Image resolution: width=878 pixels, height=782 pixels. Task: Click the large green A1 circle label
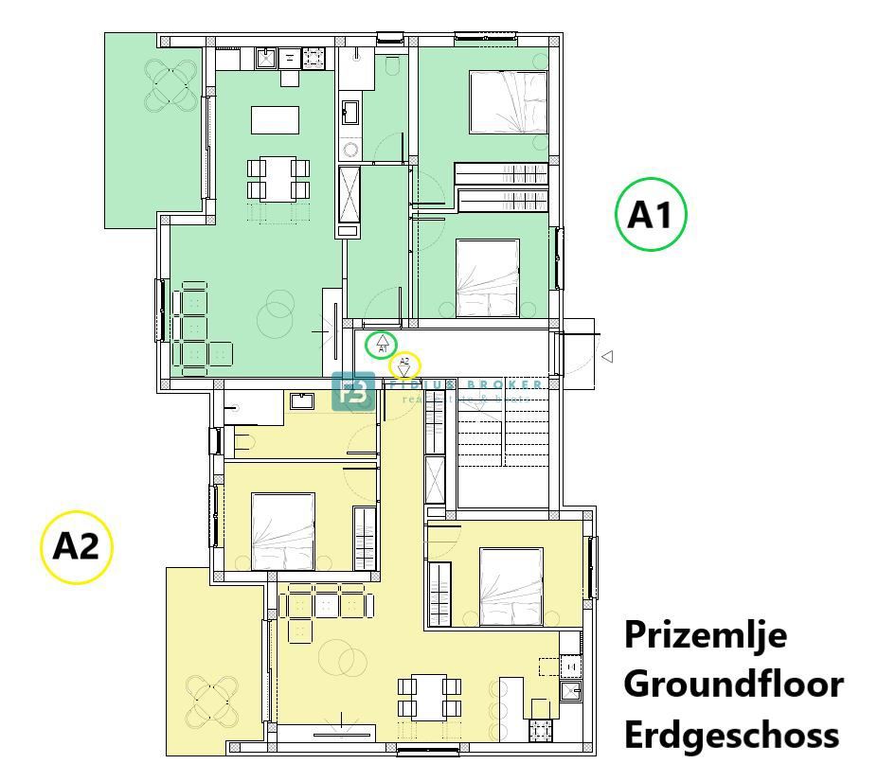click(x=651, y=216)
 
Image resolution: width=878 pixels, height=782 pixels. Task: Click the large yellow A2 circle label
click(x=77, y=547)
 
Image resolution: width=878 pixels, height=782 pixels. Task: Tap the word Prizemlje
click(x=706, y=634)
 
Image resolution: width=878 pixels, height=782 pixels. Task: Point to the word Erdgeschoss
click(x=731, y=734)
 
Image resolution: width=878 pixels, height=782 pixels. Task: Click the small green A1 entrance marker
click(x=382, y=344)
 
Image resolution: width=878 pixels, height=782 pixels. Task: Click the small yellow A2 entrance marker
click(x=405, y=364)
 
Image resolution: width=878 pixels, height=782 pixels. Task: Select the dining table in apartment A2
click(x=430, y=696)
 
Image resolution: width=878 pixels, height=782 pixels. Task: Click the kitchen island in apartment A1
click(x=275, y=120)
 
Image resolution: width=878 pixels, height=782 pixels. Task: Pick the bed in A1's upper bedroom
click(x=509, y=102)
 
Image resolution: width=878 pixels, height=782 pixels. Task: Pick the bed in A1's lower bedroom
click(x=488, y=277)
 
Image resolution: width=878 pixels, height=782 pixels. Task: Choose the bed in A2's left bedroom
click(x=283, y=531)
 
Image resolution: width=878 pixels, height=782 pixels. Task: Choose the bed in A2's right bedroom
click(x=511, y=587)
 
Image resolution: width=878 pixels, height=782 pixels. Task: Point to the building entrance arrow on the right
click(x=607, y=357)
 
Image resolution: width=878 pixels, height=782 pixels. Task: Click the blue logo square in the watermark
click(x=353, y=392)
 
